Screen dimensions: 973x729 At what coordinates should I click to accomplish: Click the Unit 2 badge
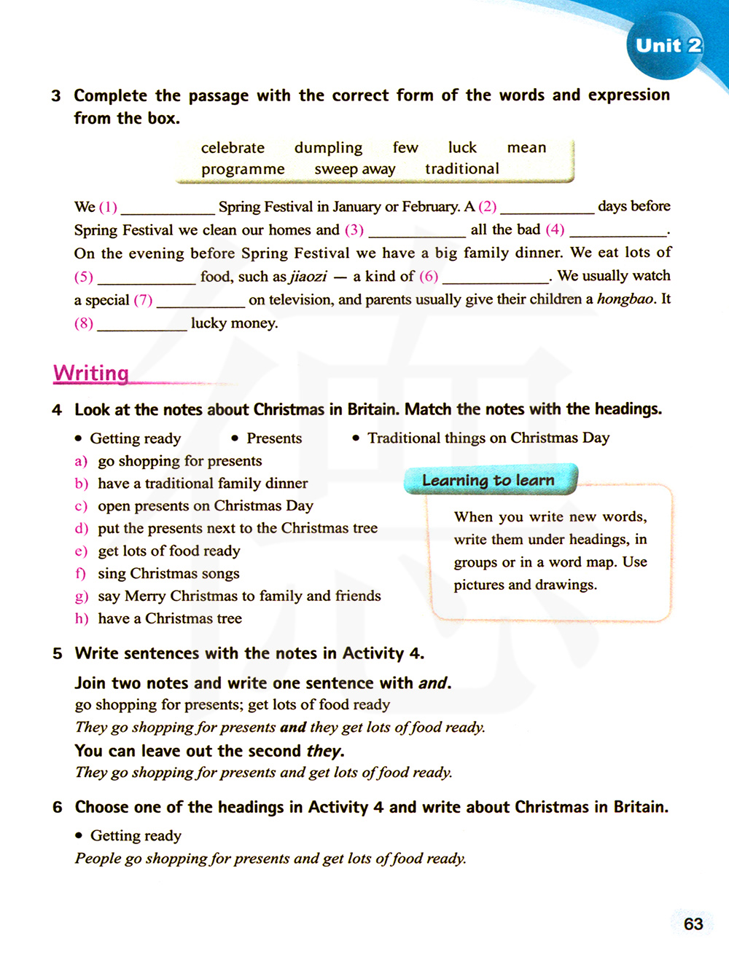[668, 46]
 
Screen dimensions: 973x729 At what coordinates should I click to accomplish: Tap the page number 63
[693, 923]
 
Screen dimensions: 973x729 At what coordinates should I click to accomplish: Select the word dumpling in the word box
[328, 148]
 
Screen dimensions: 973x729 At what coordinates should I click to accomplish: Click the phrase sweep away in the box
[355, 169]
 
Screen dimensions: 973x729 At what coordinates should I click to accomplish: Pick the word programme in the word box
[243, 169]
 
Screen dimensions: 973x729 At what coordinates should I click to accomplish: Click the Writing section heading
[91, 373]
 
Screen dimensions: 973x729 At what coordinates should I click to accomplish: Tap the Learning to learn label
[488, 480]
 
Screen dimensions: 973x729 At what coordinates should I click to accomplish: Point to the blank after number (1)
[168, 208]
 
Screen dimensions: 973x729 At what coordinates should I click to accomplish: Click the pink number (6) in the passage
[428, 276]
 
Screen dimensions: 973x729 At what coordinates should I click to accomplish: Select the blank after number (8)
[142, 325]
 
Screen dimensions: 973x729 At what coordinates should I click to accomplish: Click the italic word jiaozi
[308, 277]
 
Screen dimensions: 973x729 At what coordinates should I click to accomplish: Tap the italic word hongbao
[625, 299]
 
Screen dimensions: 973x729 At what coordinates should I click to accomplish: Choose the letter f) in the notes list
[81, 574]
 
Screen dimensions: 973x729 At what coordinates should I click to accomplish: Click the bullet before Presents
[235, 438]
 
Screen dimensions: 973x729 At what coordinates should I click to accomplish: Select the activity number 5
[58, 653]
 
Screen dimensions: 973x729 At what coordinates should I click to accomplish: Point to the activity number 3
[56, 95]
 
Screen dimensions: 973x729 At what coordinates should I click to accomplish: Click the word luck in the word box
[462, 148]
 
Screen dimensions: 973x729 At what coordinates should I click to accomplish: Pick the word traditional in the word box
[462, 169]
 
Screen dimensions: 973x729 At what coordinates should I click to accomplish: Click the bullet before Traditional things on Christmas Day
[356, 438]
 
